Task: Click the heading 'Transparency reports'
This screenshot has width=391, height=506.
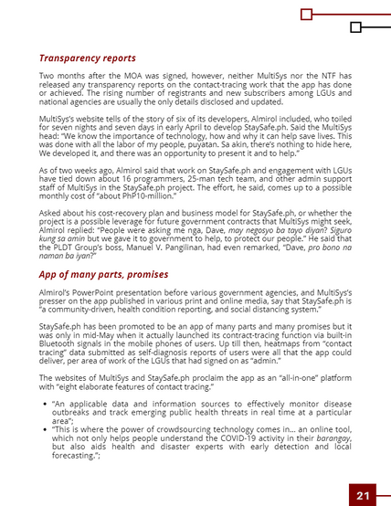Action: point(88,58)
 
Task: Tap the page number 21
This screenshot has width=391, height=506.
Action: point(363,495)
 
